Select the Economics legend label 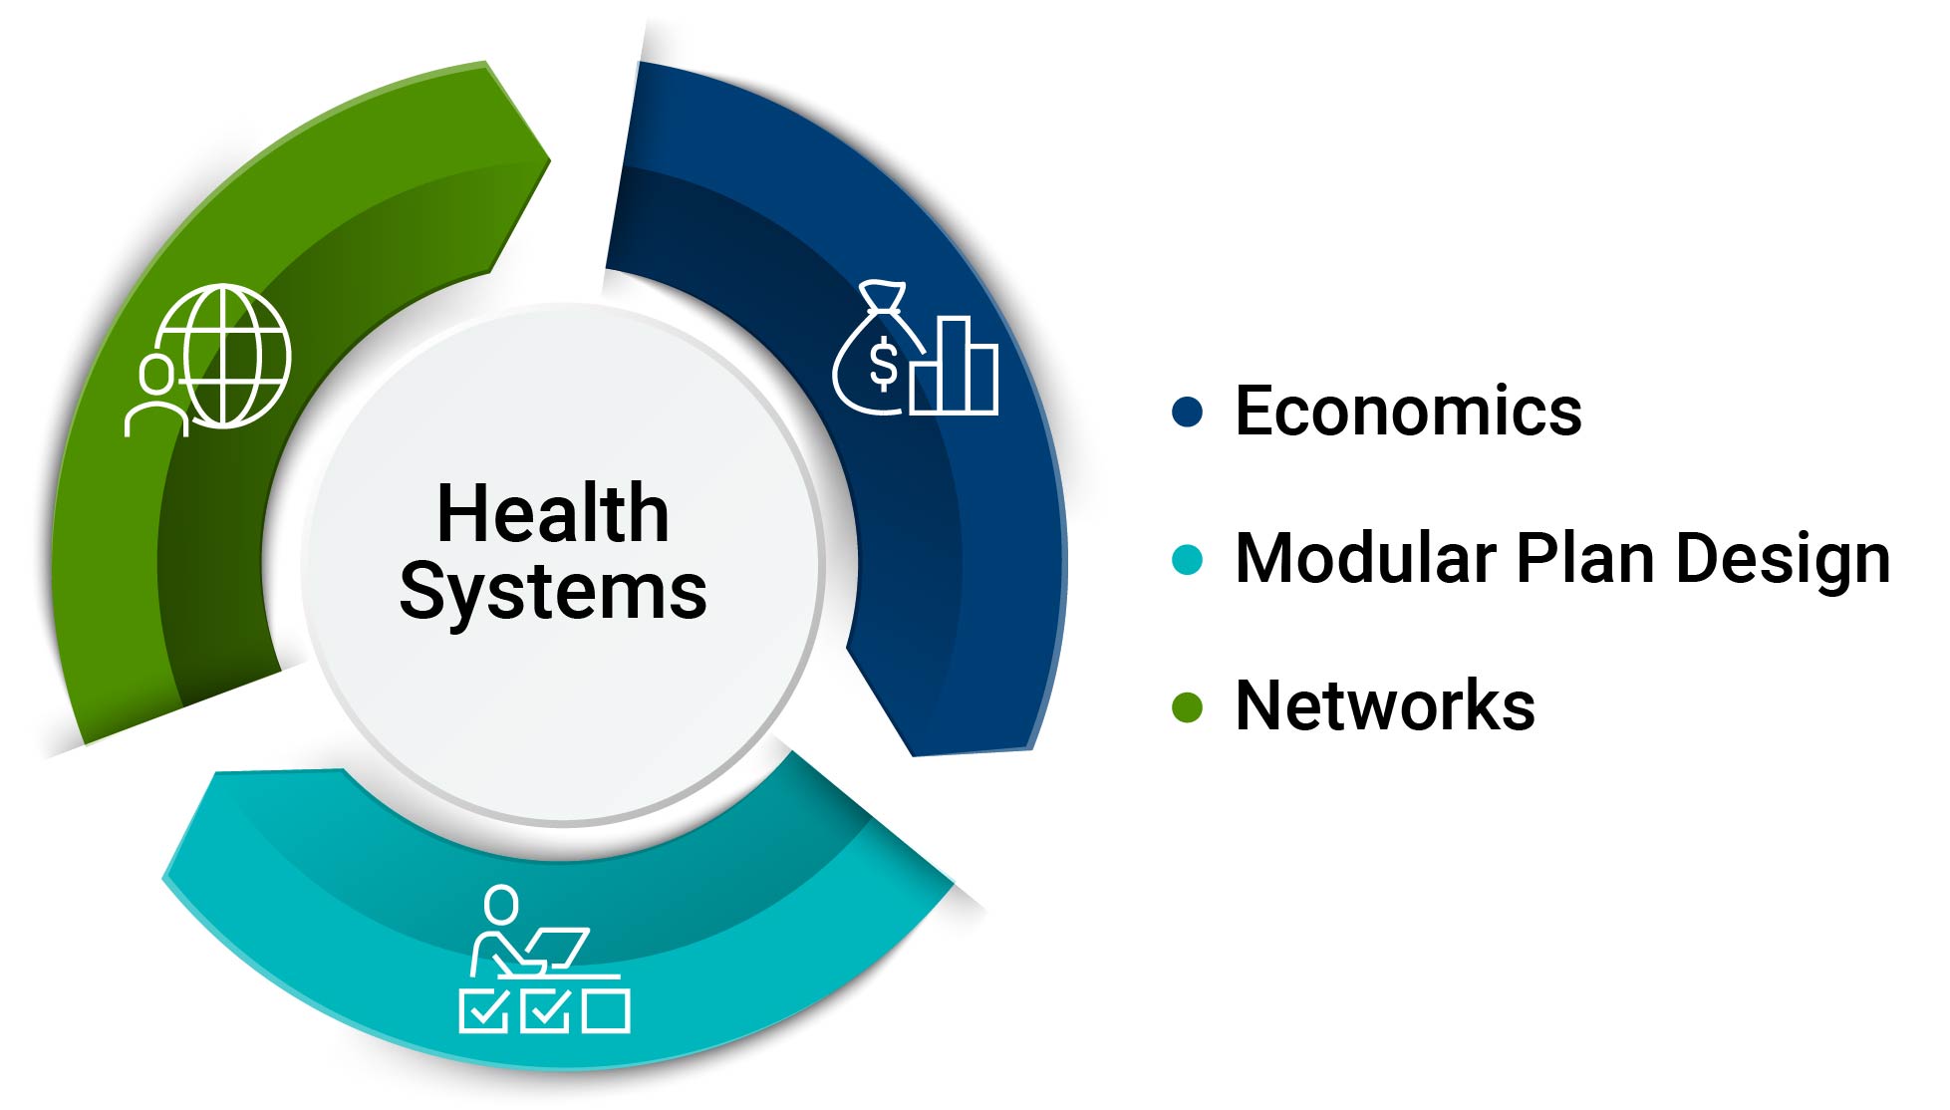click(1408, 411)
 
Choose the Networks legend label click(1385, 705)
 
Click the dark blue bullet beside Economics click(1187, 412)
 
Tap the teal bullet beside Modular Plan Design click(1187, 559)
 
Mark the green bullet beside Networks click(1187, 706)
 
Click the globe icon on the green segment click(227, 356)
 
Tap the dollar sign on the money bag click(883, 363)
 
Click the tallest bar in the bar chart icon click(955, 365)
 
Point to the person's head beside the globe click(156, 375)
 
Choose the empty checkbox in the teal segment click(606, 1010)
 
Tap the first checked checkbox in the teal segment click(484, 1010)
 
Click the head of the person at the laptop click(501, 906)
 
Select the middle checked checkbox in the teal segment click(545, 1010)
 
